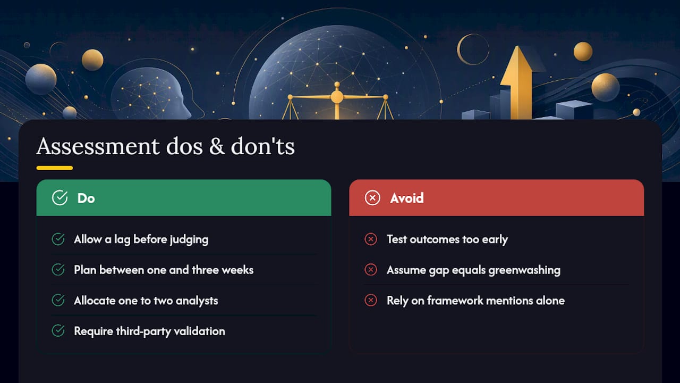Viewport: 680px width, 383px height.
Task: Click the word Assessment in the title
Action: [98, 146]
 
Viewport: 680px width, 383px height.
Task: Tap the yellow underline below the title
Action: [55, 168]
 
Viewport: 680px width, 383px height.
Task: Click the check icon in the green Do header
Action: [60, 198]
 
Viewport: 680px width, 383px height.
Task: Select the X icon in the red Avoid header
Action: [372, 198]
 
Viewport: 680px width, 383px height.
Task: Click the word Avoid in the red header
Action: [407, 198]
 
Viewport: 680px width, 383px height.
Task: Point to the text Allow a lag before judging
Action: [141, 239]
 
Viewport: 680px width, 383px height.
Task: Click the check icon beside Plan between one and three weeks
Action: [58, 270]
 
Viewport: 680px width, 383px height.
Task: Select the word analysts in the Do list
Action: [197, 301]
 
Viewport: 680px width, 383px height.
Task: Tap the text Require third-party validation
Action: [149, 331]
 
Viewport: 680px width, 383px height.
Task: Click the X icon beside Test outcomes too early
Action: [371, 239]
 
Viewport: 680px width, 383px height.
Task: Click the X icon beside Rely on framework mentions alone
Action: [371, 301]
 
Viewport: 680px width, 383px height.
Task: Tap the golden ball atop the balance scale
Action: [337, 97]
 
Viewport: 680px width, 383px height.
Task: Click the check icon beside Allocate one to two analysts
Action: [58, 301]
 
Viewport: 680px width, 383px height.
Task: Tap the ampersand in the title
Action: [217, 146]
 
